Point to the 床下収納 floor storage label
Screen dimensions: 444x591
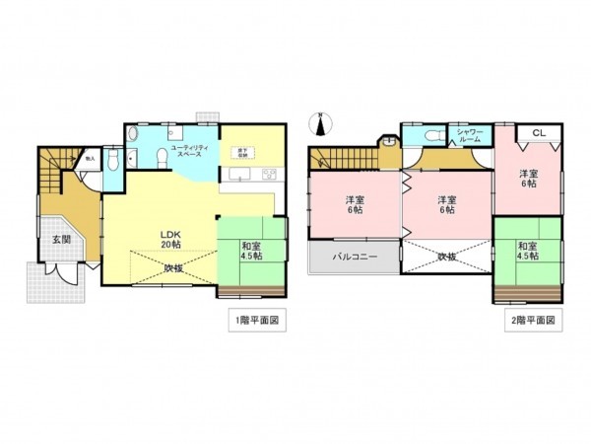coord(239,153)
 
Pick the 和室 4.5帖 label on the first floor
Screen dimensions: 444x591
coord(251,251)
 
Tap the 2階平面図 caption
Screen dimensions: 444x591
coord(536,321)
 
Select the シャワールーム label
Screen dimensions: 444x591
coord(468,136)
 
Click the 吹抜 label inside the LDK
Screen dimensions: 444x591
coord(174,267)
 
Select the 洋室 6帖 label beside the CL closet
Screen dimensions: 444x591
coord(529,179)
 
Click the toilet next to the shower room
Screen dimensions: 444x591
coord(427,137)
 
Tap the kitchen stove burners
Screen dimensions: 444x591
coord(267,176)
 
